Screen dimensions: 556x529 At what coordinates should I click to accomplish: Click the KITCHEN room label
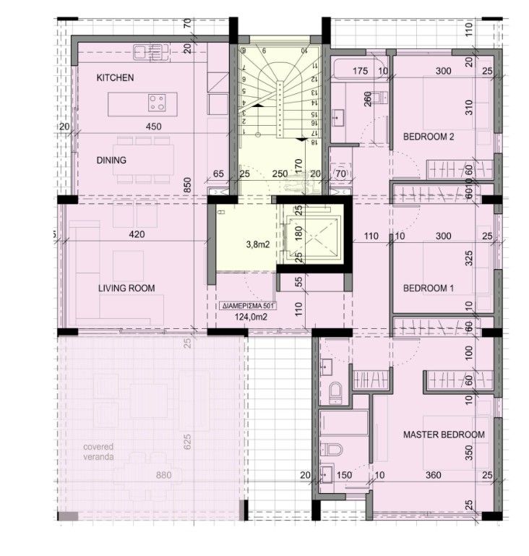(116, 77)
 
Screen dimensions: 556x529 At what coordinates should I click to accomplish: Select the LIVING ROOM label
(126, 288)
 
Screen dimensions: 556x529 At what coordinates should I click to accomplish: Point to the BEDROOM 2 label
(428, 136)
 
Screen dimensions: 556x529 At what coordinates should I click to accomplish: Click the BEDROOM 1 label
(428, 288)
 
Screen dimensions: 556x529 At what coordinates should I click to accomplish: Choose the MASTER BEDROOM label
(444, 435)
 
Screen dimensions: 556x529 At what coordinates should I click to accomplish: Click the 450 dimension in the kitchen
(152, 126)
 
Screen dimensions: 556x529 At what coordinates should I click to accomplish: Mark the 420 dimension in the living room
(137, 234)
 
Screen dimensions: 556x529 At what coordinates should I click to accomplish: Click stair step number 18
(314, 142)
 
